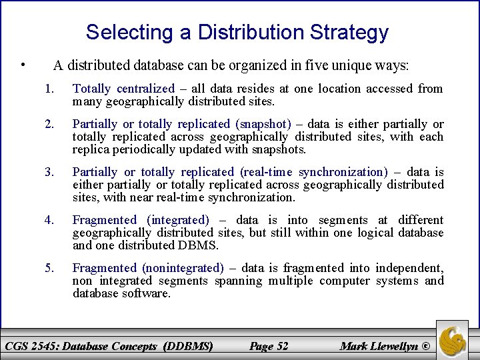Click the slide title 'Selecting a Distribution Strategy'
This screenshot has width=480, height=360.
click(237, 32)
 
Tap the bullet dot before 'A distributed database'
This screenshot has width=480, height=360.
click(23, 65)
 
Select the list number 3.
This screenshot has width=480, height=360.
click(48, 172)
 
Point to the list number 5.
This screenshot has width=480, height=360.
click(48, 268)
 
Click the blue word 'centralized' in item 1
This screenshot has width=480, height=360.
click(145, 89)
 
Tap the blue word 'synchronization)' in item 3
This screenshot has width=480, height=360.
click(343, 172)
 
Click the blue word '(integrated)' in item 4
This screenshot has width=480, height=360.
click(177, 220)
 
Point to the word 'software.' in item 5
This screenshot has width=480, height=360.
click(147, 293)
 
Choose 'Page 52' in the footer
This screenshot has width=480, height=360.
click(268, 345)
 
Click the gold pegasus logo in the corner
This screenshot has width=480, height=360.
click(452, 339)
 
